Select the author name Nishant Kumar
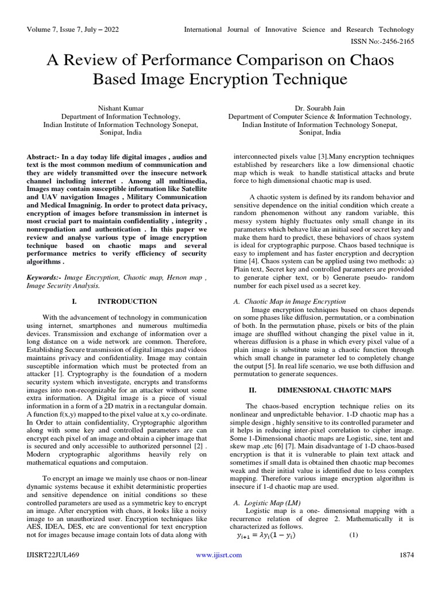click(x=121, y=108)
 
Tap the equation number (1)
click(x=354, y=535)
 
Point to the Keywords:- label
click(x=44, y=277)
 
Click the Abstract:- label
click(x=44, y=157)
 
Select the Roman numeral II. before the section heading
click(x=252, y=389)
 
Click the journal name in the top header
click(x=299, y=29)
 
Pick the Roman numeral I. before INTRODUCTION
click(x=75, y=301)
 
